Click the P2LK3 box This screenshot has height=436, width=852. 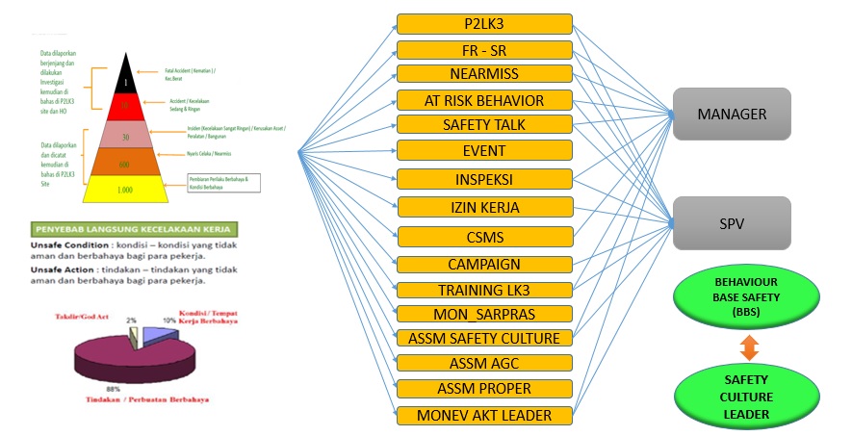[x=483, y=24]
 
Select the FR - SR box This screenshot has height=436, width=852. [x=483, y=50]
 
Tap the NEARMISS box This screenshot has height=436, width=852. [x=483, y=74]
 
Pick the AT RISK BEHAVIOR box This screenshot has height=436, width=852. [x=483, y=100]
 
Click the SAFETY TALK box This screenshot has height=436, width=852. [x=483, y=125]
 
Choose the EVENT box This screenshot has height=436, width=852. [x=483, y=151]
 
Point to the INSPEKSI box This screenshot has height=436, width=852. [x=483, y=179]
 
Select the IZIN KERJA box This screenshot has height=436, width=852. [x=483, y=206]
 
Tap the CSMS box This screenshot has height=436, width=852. [x=483, y=236]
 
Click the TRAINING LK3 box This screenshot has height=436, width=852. [x=483, y=290]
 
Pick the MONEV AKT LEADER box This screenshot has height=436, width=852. [x=483, y=415]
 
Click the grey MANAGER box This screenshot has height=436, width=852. [x=732, y=114]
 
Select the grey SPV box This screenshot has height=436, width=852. [x=732, y=223]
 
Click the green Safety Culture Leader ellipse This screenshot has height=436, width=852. [x=734, y=398]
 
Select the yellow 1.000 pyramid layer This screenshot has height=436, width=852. [x=125, y=190]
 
